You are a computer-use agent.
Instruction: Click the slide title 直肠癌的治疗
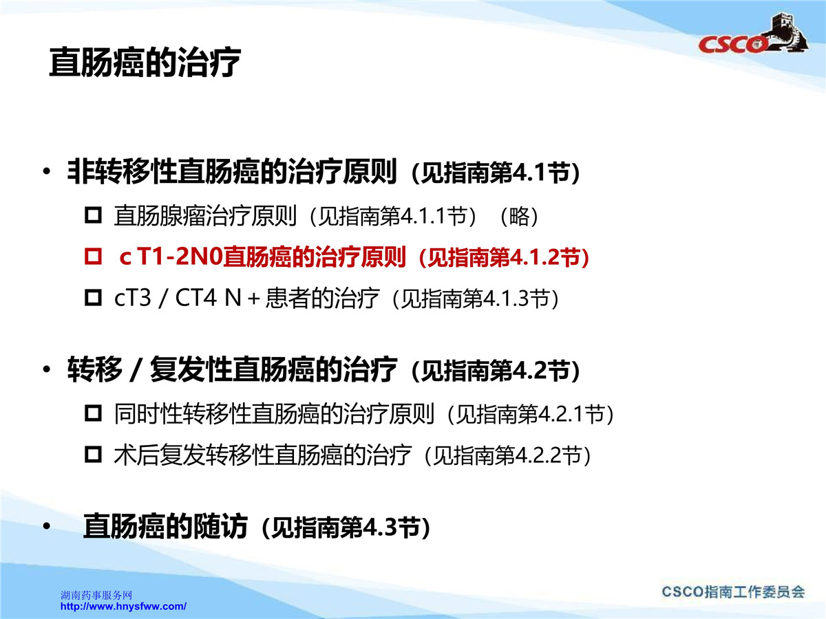[x=145, y=63]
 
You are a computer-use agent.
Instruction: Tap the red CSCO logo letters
[x=732, y=45]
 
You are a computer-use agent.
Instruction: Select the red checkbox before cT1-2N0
[x=94, y=257]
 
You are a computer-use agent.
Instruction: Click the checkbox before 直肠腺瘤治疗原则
[x=94, y=216]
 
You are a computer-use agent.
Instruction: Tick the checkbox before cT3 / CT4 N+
[x=94, y=298]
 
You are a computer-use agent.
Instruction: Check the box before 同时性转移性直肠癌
[x=94, y=413]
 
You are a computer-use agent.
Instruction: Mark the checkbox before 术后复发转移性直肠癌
[x=94, y=455]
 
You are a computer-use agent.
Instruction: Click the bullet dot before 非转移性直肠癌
[x=46, y=172]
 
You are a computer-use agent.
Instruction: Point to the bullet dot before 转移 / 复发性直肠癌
[x=46, y=369]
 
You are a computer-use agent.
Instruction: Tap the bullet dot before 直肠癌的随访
[x=46, y=526]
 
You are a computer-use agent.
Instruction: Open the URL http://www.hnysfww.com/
[x=123, y=607]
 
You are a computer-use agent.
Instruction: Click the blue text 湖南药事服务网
[x=96, y=596]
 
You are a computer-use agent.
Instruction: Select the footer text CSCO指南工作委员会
[x=733, y=592]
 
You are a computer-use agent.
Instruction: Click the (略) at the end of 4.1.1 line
[x=520, y=217]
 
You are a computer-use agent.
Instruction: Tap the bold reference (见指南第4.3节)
[x=346, y=528]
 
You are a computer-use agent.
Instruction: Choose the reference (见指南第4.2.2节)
[x=507, y=455]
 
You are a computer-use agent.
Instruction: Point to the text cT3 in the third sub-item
[x=132, y=298]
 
